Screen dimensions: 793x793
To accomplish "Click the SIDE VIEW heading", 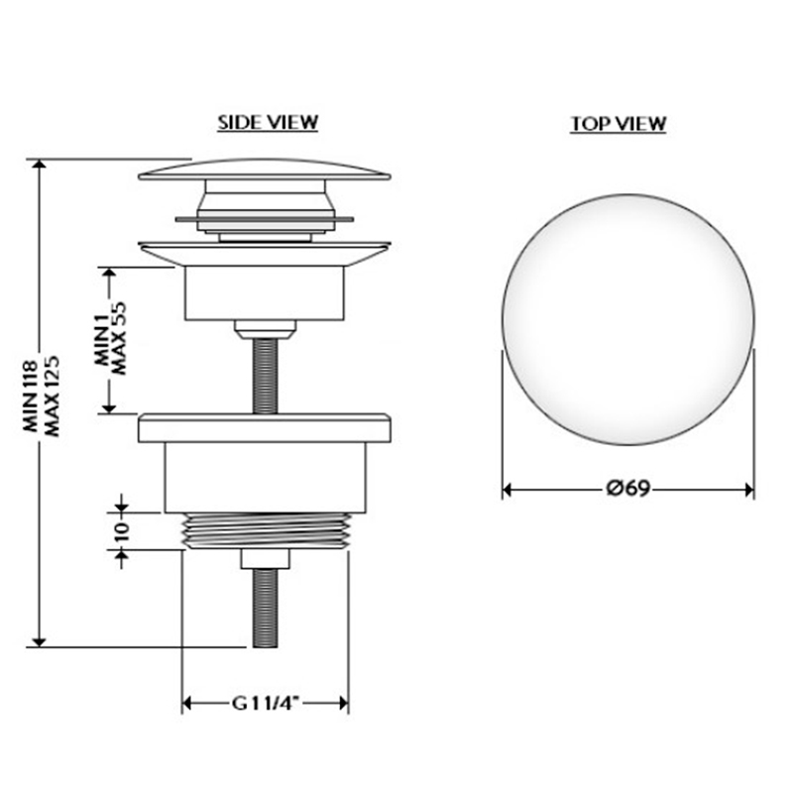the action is (268, 122).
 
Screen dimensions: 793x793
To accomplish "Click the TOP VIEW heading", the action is (618, 124).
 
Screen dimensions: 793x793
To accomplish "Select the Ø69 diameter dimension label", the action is (628, 489).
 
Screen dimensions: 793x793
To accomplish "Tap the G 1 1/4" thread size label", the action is (266, 703).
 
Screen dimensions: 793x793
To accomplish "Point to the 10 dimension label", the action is (122, 532).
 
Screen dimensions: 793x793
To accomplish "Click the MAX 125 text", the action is (53, 396).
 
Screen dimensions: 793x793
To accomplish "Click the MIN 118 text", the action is (31, 396).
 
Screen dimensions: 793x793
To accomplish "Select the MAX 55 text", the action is (118, 338).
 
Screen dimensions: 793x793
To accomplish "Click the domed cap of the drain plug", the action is (264, 170).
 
